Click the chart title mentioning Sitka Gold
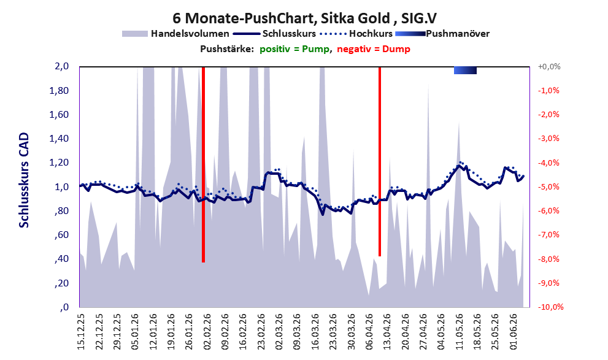tap(304, 18)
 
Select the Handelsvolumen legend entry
tap(175, 34)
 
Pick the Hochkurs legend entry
tap(356, 34)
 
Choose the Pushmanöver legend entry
tap(442, 34)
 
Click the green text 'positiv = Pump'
tap(294, 49)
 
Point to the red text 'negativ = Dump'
tap(374, 49)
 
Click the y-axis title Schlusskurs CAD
tap(24, 180)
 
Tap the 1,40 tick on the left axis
tap(59, 139)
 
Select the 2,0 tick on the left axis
tap(61, 66)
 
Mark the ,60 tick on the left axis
tap(61, 235)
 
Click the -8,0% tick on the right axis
tap(548, 259)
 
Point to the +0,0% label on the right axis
tap(549, 67)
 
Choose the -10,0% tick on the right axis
tap(550, 307)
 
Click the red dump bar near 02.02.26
tap(203, 165)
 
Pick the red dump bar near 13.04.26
tap(380, 161)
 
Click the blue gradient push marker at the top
tap(465, 70)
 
